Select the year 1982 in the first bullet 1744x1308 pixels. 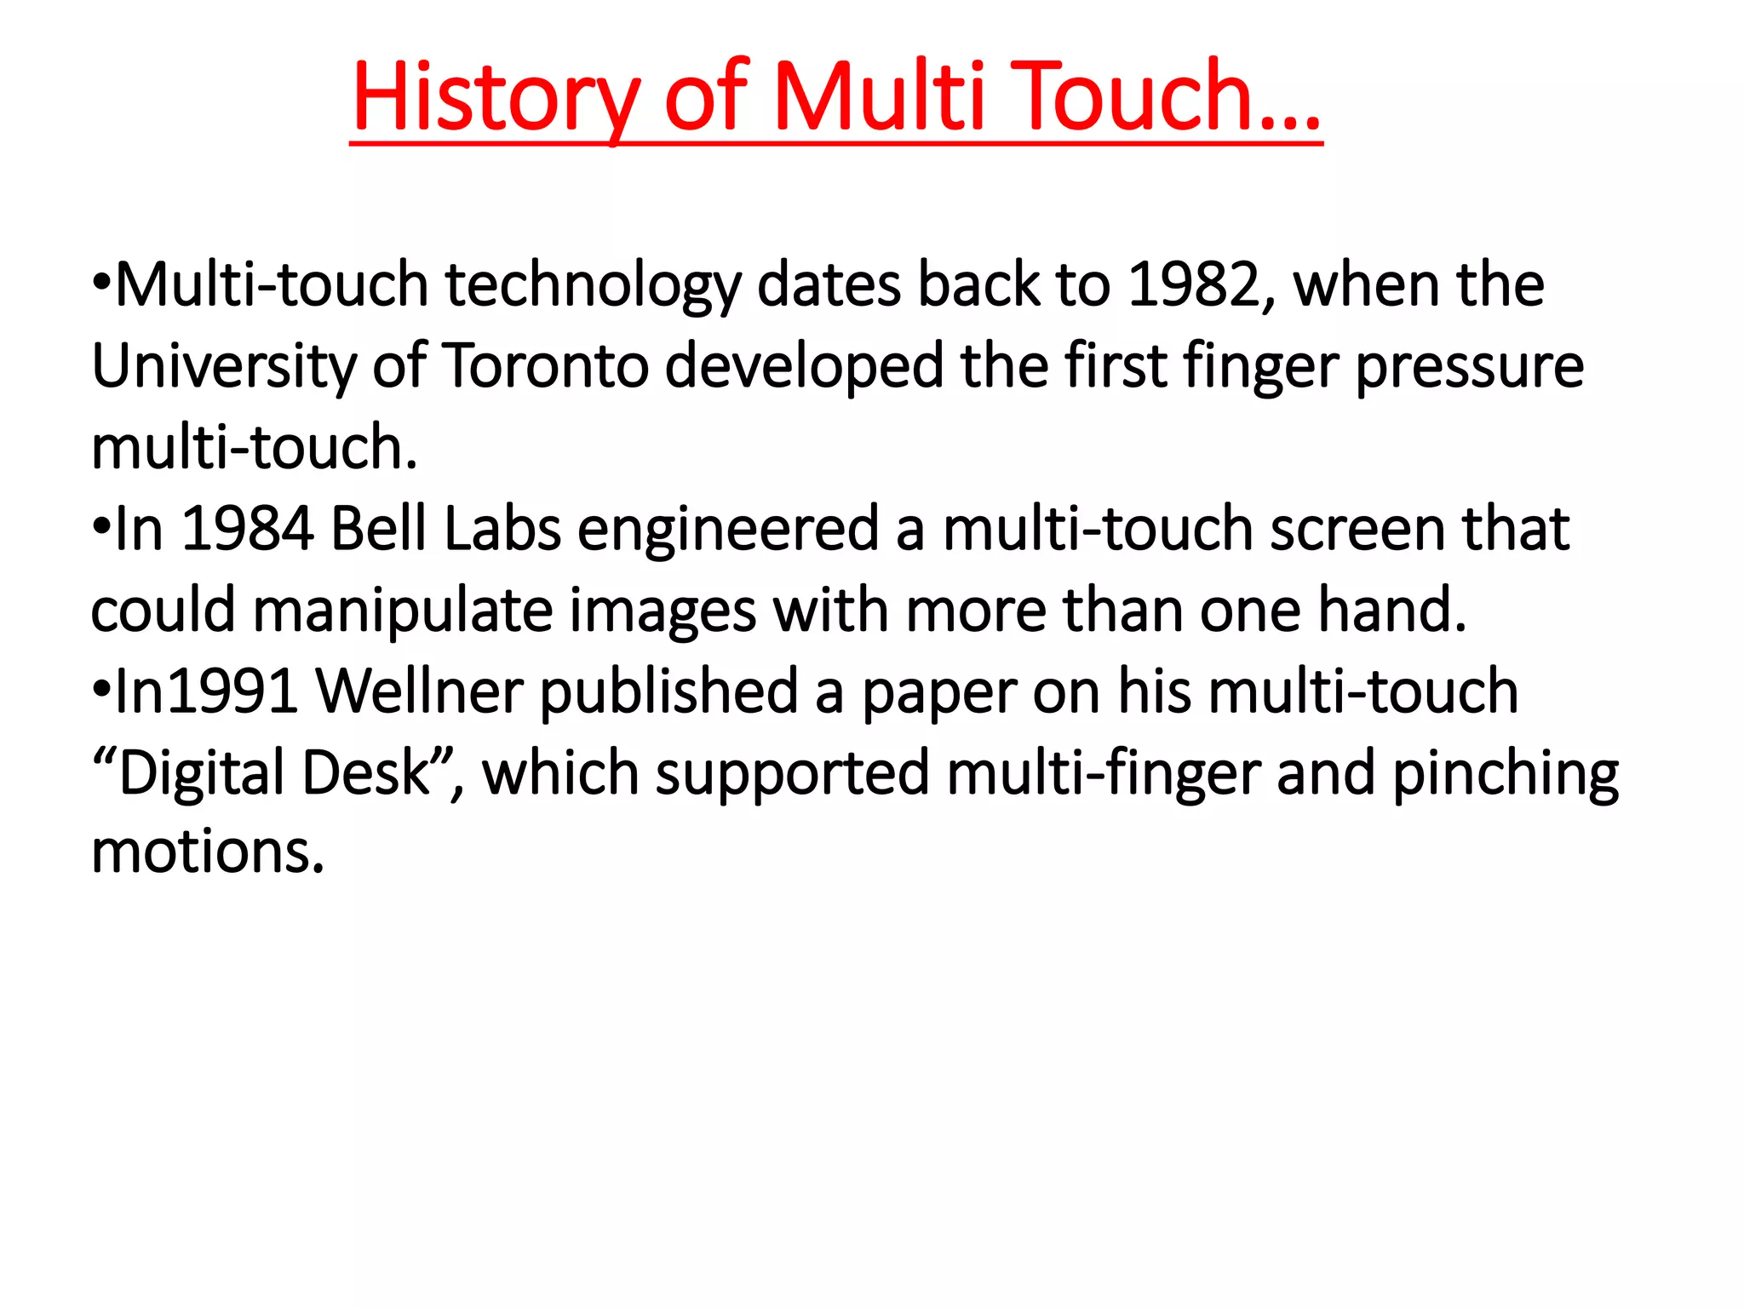pyautogui.click(x=1194, y=284)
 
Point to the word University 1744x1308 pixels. pyautogui.click(x=224, y=366)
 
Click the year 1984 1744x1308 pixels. pyautogui.click(x=248, y=530)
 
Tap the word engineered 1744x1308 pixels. pyautogui.click(x=728, y=530)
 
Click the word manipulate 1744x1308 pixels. pyautogui.click(x=403, y=611)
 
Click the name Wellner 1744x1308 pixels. pyautogui.click(x=419, y=691)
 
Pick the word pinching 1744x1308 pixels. pyautogui.click(x=1505, y=773)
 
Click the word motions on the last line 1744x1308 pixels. pyautogui.click(x=208, y=852)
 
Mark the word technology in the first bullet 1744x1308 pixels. pyautogui.click(x=594, y=284)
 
